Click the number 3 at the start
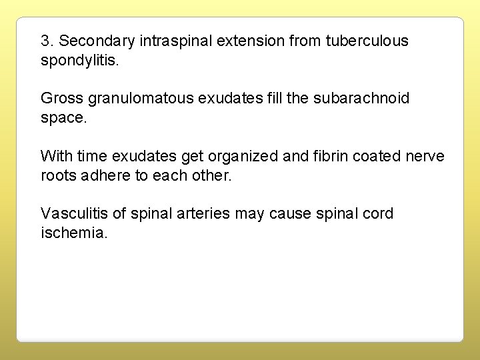click(x=45, y=41)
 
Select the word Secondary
click(x=95, y=41)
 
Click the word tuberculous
click(x=367, y=41)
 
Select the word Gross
click(x=59, y=99)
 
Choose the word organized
click(x=241, y=156)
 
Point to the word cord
click(x=377, y=213)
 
